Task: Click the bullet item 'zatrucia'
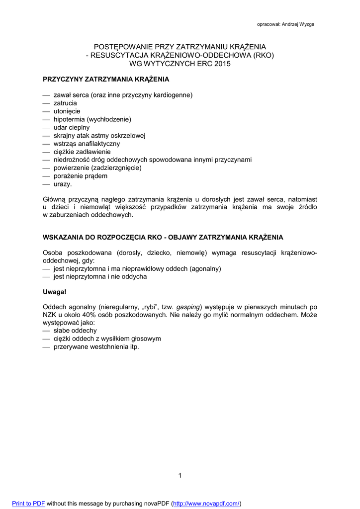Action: click(x=65, y=103)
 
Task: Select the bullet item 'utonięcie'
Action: click(x=67, y=111)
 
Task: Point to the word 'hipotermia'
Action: click(x=69, y=119)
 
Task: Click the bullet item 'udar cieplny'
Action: click(x=72, y=127)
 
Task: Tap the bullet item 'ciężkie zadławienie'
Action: click(x=82, y=152)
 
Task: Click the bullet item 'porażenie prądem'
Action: click(x=80, y=176)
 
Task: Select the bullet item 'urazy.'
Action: click(x=63, y=184)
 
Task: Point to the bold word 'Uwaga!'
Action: click(x=55, y=292)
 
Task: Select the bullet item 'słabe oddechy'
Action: click(x=75, y=331)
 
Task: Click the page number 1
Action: click(x=180, y=476)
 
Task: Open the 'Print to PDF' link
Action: click(x=28, y=503)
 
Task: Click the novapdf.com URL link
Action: click(x=206, y=503)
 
